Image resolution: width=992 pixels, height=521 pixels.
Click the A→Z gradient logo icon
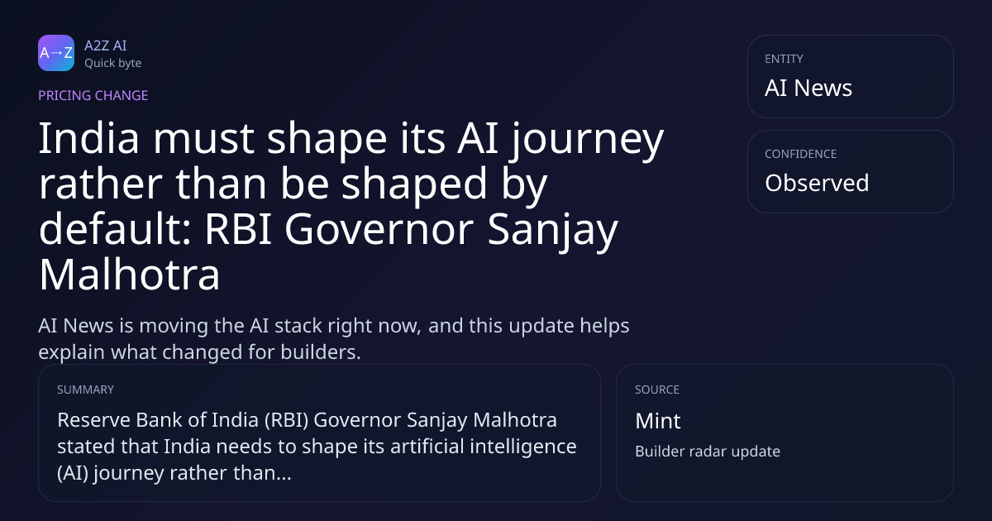56,53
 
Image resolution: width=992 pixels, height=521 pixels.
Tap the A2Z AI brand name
106,45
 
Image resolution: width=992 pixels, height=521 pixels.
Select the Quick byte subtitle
113,64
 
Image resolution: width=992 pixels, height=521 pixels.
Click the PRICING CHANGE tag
93,95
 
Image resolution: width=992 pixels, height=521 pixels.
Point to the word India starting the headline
89,138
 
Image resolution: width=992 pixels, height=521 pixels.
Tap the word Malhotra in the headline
129,275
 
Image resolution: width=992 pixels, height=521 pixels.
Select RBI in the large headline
238,229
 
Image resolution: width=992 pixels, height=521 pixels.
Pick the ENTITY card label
784,59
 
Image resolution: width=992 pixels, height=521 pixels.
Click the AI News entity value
808,88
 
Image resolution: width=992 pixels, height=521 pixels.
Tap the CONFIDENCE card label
801,154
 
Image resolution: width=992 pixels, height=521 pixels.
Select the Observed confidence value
817,183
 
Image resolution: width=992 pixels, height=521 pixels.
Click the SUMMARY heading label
85,390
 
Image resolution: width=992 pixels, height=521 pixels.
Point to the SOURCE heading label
657,390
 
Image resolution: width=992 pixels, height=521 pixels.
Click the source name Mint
658,420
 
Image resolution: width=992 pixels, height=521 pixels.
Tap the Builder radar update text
708,452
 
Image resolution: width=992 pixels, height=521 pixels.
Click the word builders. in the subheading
321,351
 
